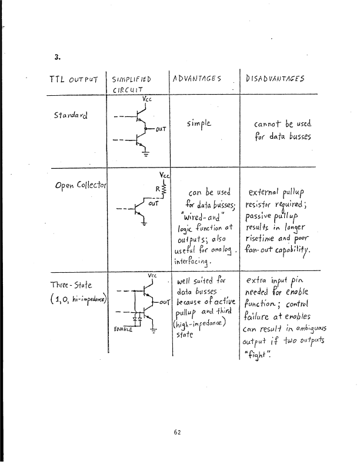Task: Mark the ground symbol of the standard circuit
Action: coord(144,155)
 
